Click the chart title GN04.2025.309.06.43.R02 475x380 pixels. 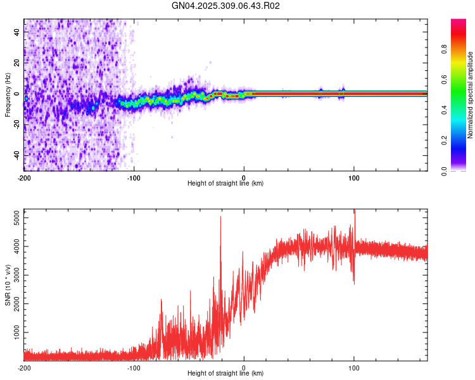coord(226,6)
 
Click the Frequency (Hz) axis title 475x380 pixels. coord(7,95)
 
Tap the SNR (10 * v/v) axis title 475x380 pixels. coord(7,284)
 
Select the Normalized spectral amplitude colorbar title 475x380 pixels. coord(471,95)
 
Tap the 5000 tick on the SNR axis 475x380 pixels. coord(13,218)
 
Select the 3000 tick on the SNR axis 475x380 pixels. coord(13,275)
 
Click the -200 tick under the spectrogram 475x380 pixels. coord(24,177)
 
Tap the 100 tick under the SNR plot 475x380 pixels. coord(354,367)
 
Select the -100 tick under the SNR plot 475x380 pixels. coord(134,367)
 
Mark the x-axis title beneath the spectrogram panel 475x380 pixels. coord(225,184)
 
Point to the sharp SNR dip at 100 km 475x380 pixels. coord(354,282)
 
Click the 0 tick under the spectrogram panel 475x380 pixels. coord(244,177)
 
